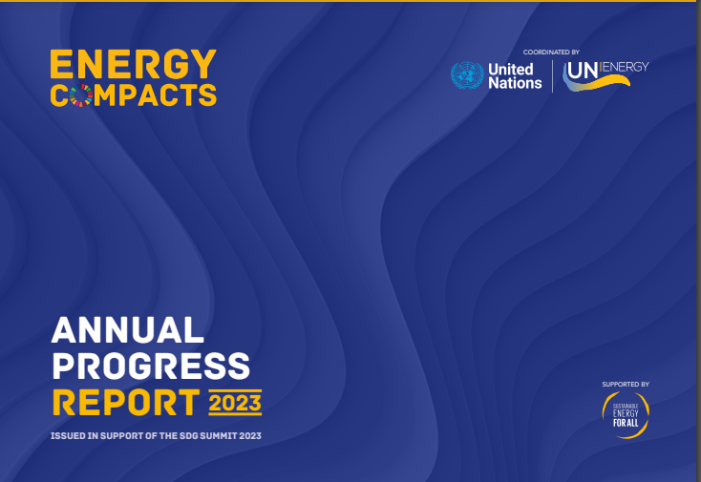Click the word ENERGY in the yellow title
(133, 64)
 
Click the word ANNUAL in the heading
(127, 330)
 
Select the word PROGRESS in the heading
(151, 365)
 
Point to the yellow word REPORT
(126, 401)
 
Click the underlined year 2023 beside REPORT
(235, 403)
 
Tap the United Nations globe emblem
(467, 75)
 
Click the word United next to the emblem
(511, 69)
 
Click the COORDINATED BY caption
(551, 52)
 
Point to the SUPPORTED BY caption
(626, 384)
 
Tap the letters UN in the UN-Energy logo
(583, 71)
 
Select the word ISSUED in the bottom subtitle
(70, 436)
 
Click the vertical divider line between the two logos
(553, 75)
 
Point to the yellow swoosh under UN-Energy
(606, 85)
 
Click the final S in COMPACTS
(207, 94)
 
